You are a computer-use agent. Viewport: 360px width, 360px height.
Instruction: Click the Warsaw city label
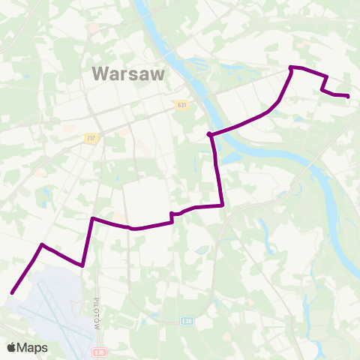click(127, 73)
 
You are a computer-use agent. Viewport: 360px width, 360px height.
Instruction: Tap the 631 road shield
click(181, 105)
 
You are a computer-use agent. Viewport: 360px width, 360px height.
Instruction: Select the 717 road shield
click(91, 138)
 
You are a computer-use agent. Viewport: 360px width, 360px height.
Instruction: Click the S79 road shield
click(100, 352)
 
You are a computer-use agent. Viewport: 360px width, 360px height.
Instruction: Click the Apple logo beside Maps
click(11, 348)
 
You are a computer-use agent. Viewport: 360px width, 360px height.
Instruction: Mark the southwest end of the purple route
click(13, 293)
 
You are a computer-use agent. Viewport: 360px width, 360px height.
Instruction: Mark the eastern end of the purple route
click(349, 96)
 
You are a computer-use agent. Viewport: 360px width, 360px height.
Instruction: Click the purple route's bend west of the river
click(211, 135)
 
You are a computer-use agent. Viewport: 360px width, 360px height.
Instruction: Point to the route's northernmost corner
click(291, 68)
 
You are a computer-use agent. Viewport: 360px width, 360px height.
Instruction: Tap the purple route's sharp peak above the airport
click(43, 244)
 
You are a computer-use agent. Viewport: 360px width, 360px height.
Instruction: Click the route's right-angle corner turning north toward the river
click(223, 205)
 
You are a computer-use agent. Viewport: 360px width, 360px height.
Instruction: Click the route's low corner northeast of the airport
click(82, 264)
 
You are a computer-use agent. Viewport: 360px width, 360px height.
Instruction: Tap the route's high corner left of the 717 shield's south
click(92, 218)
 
